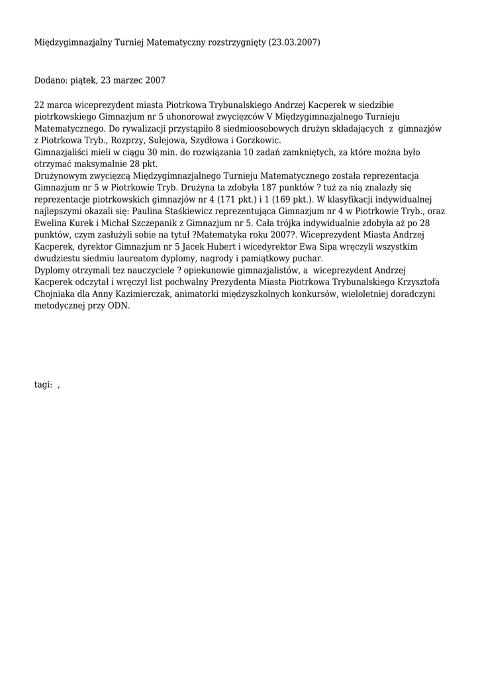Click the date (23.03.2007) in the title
(x=294, y=42)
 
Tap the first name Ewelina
(x=51, y=224)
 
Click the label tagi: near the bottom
(x=43, y=385)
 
